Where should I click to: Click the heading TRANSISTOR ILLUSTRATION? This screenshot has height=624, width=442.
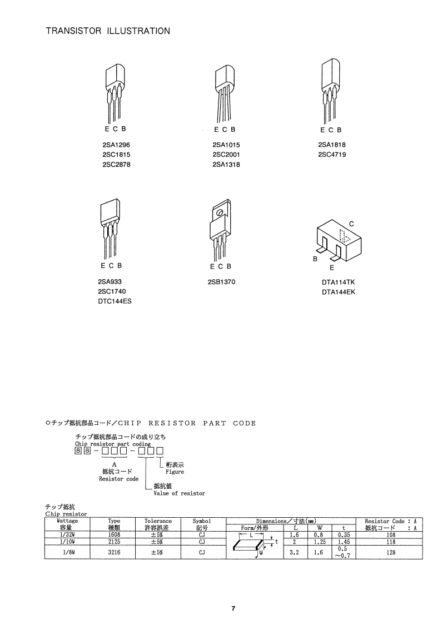coord(108,31)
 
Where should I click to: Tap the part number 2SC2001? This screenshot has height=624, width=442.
coord(226,155)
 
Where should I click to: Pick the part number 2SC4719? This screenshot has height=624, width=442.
coord(332,155)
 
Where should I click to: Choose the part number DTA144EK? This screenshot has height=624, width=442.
coord(337,292)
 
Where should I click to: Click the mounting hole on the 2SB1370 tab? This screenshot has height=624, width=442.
coord(220,214)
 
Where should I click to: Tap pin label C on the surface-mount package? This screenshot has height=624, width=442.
coord(351,224)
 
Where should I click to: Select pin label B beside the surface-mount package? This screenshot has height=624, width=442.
coord(315,259)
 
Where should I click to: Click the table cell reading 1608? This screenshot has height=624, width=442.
coord(114,534)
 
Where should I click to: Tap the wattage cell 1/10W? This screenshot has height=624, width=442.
coord(67,541)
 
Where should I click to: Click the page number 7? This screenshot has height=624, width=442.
coord(234,608)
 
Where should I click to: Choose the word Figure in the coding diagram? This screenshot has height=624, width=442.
coord(175,472)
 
